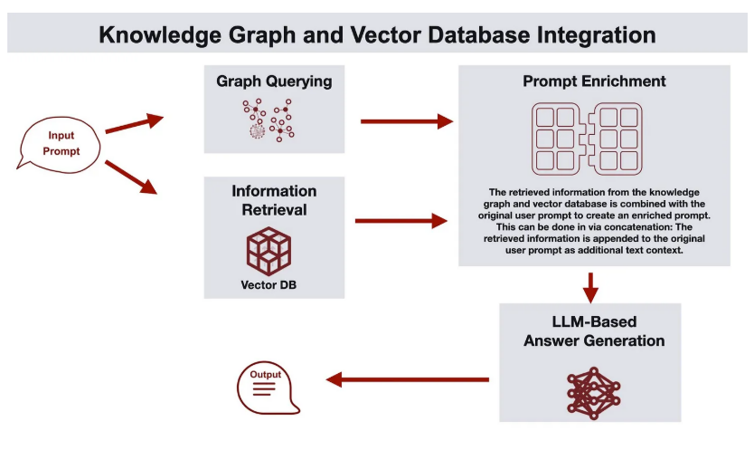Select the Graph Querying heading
pyautogui.click(x=274, y=81)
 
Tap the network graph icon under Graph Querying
pyautogui.click(x=269, y=120)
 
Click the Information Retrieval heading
pyautogui.click(x=274, y=200)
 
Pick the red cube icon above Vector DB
pyautogui.click(x=269, y=251)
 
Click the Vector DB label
pyautogui.click(x=269, y=284)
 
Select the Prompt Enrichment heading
pyautogui.click(x=594, y=81)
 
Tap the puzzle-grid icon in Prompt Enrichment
pyautogui.click(x=587, y=139)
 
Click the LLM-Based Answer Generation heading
pyautogui.click(x=594, y=331)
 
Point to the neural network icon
pyautogui.click(x=594, y=393)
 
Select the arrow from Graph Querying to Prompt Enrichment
pyautogui.click(x=407, y=121)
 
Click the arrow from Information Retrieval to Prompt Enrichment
pyautogui.click(x=401, y=221)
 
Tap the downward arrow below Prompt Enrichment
pyautogui.click(x=590, y=288)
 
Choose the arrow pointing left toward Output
pyautogui.click(x=408, y=379)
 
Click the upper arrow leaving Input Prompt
pyautogui.click(x=135, y=123)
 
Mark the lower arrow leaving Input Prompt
pyautogui.click(x=131, y=177)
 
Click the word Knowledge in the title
pyautogui.click(x=160, y=35)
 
